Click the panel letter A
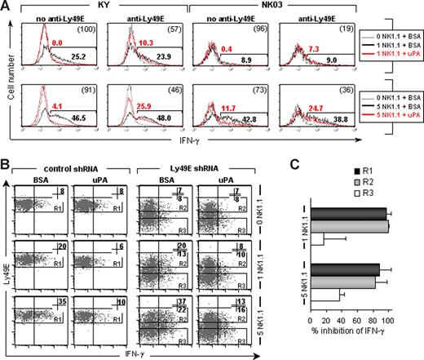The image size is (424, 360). (7, 7)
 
